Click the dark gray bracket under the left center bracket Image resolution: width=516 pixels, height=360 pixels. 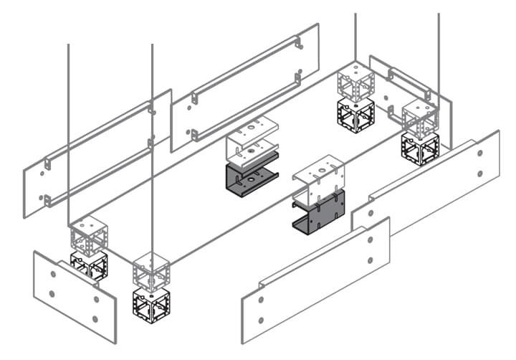[248, 178]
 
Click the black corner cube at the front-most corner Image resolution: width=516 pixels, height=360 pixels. [150, 302]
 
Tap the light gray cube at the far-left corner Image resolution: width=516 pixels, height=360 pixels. [89, 233]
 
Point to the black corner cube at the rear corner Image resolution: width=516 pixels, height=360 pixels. [355, 113]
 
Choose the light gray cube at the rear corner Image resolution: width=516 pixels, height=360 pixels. [356, 80]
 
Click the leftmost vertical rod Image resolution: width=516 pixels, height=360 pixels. [68, 129]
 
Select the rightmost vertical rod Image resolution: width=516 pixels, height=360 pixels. [438, 50]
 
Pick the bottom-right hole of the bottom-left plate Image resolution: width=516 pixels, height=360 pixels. [96, 319]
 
